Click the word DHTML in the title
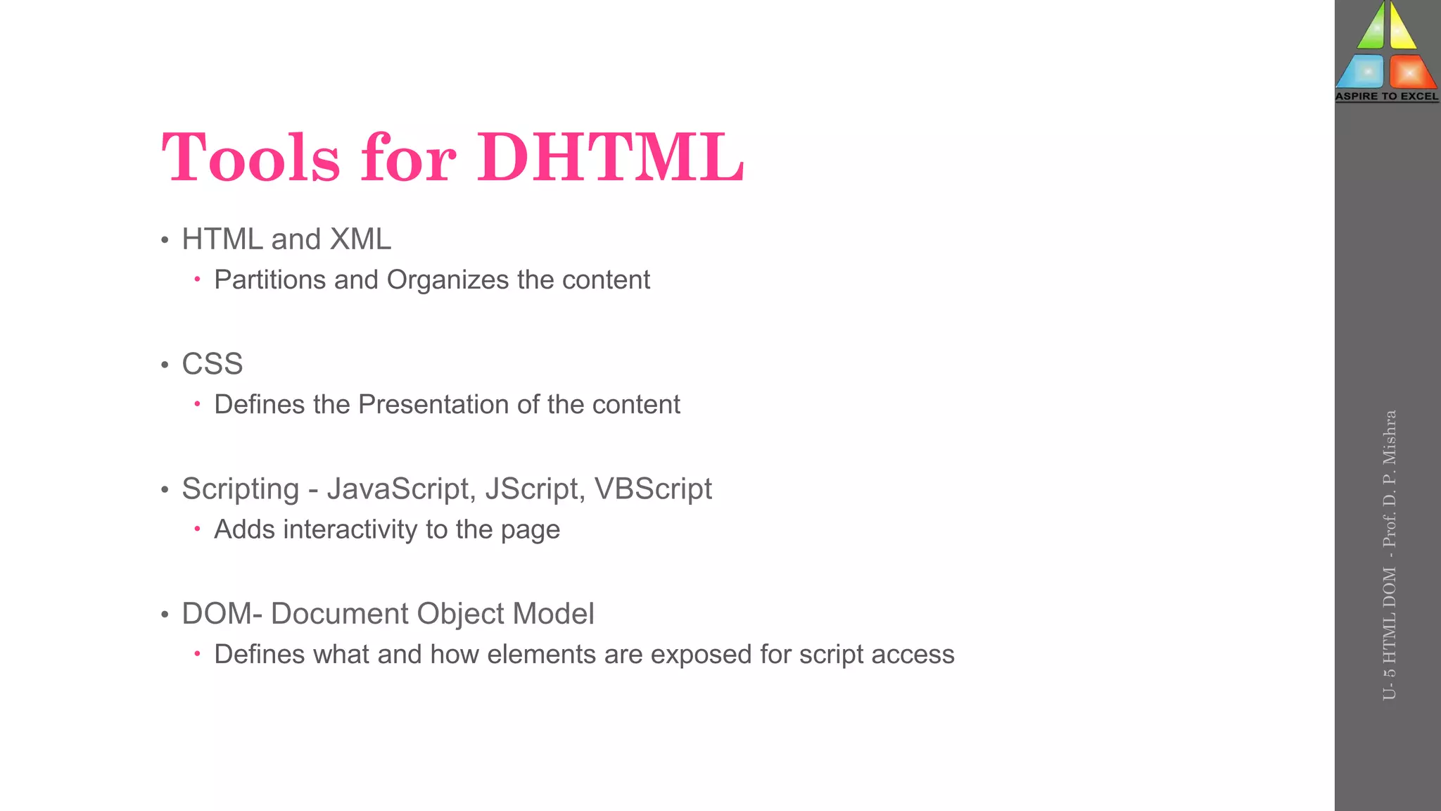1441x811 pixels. [x=610, y=158]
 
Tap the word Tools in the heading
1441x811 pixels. [x=250, y=158]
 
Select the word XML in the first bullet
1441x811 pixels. [x=360, y=239]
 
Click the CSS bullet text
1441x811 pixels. [x=212, y=364]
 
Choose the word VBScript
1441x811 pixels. [x=653, y=489]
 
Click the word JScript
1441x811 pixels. [x=531, y=489]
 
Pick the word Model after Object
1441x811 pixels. [x=553, y=614]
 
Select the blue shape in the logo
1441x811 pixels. [x=1361, y=72]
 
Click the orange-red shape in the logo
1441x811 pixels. [x=1411, y=72]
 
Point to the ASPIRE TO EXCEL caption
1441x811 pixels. [x=1387, y=96]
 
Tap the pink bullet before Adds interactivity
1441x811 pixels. [x=198, y=529]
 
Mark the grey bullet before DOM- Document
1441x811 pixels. [x=165, y=615]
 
